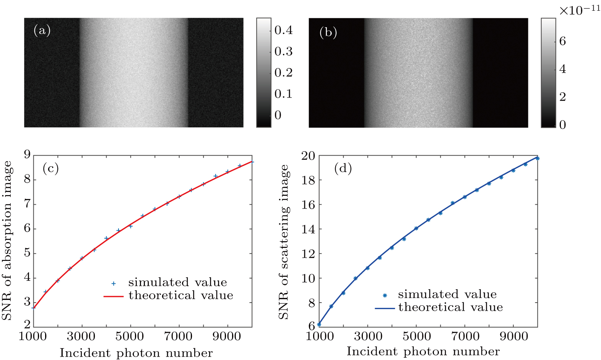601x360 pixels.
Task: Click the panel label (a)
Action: coord(42,30)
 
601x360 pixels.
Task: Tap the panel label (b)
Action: coord(328,33)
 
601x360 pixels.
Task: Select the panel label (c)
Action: coord(50,168)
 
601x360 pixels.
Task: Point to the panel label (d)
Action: coord(343,168)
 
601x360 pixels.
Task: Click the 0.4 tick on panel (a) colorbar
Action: coord(283,30)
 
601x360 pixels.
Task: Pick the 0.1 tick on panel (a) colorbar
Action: coord(283,94)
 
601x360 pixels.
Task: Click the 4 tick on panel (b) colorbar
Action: coord(562,69)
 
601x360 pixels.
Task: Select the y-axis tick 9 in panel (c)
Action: coord(27,155)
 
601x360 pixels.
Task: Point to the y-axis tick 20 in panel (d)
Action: coord(308,156)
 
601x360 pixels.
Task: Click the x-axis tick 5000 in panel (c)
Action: coord(130,337)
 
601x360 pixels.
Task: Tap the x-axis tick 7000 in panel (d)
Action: coord(465,337)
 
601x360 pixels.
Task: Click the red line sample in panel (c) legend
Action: coord(114,296)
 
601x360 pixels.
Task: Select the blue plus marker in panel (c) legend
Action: coord(114,283)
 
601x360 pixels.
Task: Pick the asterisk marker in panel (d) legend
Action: coord(385,295)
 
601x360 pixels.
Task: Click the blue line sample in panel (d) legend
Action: coord(384,308)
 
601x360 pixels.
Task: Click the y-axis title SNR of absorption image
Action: coord(7,240)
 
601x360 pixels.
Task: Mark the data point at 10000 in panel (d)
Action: coord(537,158)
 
